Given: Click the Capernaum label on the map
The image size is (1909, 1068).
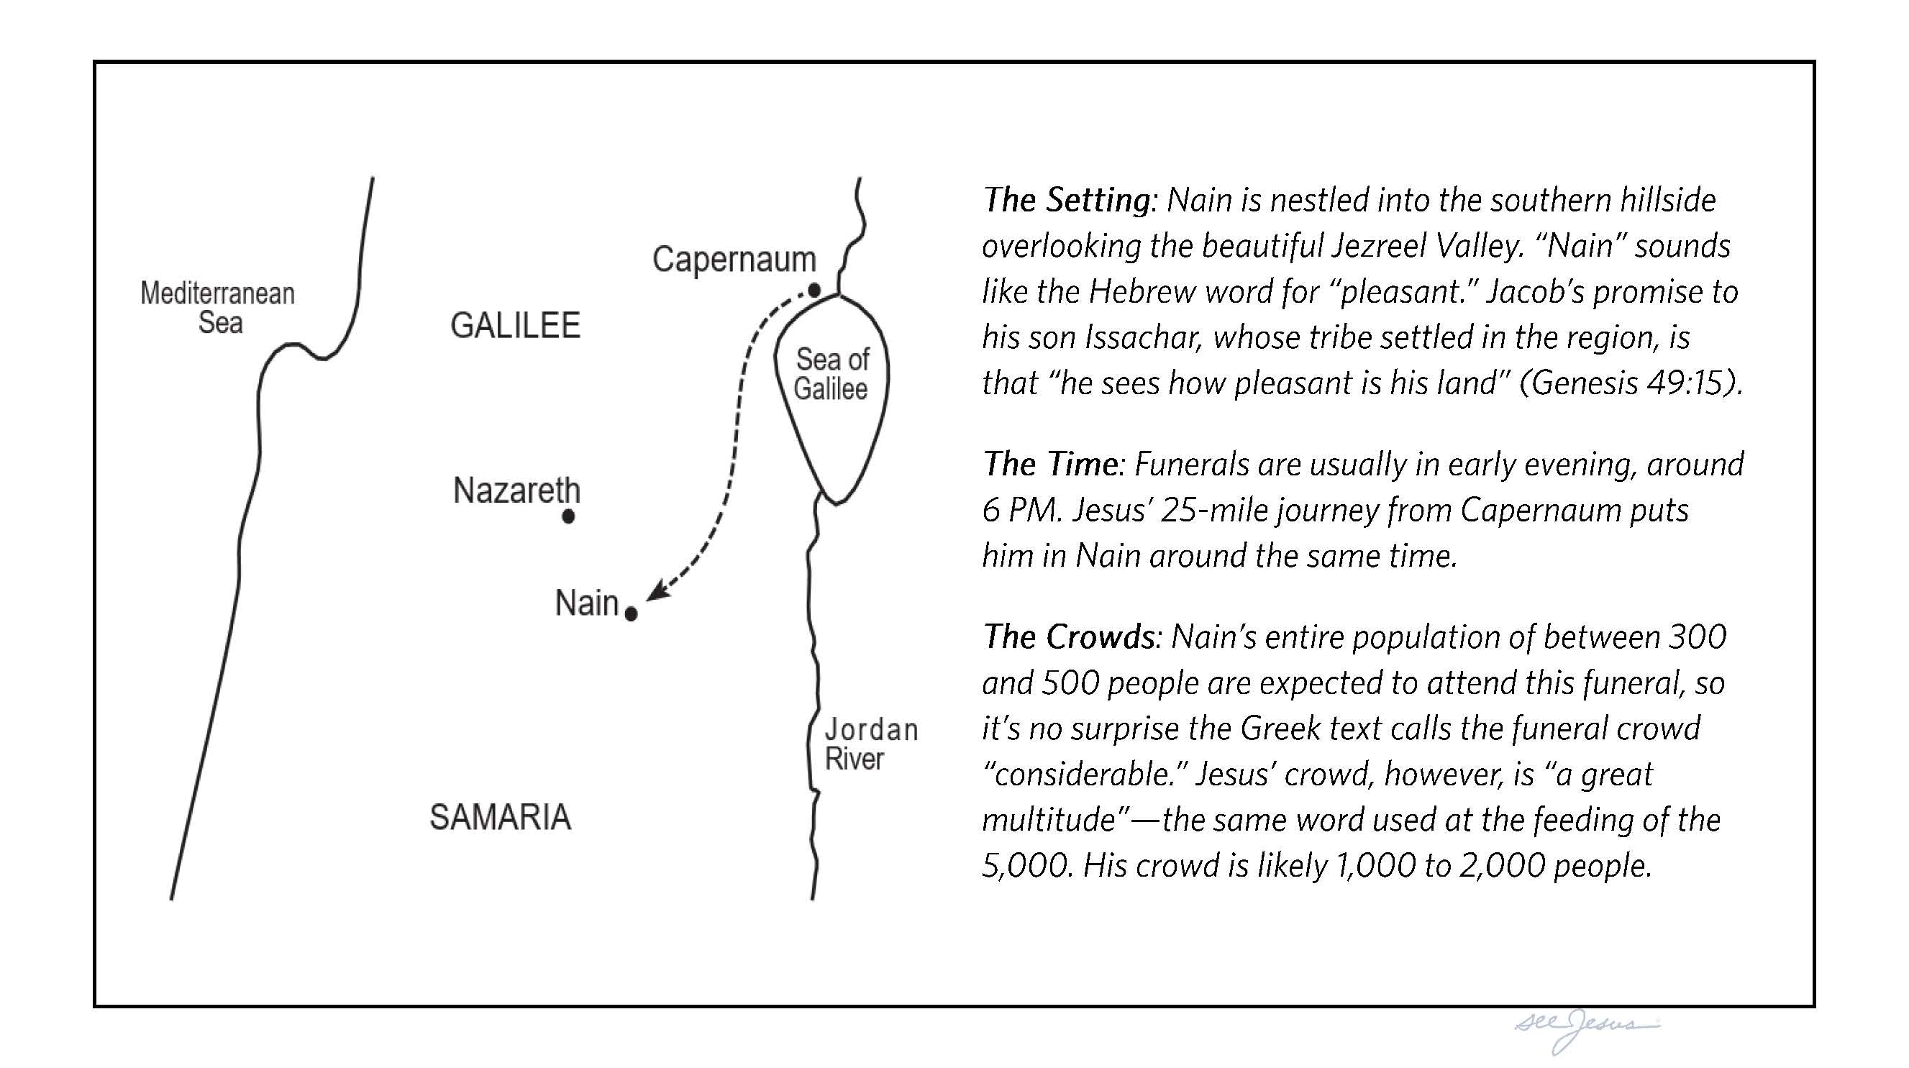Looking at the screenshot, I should tap(734, 260).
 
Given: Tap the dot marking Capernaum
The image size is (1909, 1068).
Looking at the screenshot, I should tap(814, 291).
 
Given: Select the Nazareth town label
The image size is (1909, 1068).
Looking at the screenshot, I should tap(516, 490).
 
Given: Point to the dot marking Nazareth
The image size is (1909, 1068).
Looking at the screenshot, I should tap(568, 516).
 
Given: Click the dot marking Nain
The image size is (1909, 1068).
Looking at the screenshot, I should tap(631, 613).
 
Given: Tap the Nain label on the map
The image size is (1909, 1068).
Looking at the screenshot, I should tap(586, 603).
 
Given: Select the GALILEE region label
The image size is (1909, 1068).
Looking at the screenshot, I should tap(515, 326).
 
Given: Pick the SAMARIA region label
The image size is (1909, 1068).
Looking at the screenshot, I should tap(500, 818).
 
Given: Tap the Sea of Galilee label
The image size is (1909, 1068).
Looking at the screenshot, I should tap(832, 374).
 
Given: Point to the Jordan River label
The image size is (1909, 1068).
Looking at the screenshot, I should tap(870, 744).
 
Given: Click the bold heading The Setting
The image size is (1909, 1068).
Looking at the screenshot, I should tap(1066, 200).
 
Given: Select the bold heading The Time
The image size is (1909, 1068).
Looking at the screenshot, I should tap(1050, 465).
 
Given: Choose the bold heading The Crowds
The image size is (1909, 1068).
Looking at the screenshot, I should tap(1068, 637).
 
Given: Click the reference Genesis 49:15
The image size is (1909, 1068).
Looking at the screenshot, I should tap(1630, 383).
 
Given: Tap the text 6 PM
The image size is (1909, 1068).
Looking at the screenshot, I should tap(1021, 511).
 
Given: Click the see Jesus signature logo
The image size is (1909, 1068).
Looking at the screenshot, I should tap(1586, 1027).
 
